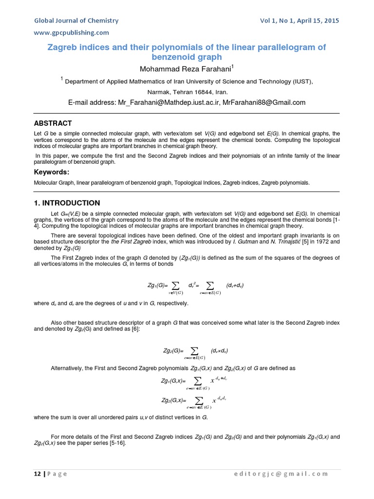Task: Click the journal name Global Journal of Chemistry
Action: (x=75, y=20)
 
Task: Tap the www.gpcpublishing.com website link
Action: (x=71, y=33)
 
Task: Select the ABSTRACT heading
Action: (x=53, y=123)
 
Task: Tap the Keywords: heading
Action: (x=52, y=172)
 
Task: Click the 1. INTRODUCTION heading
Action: (x=67, y=203)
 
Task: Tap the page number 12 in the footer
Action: (x=37, y=474)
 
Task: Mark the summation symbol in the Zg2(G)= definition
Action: (x=194, y=350)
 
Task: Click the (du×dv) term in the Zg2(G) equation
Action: (x=220, y=350)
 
